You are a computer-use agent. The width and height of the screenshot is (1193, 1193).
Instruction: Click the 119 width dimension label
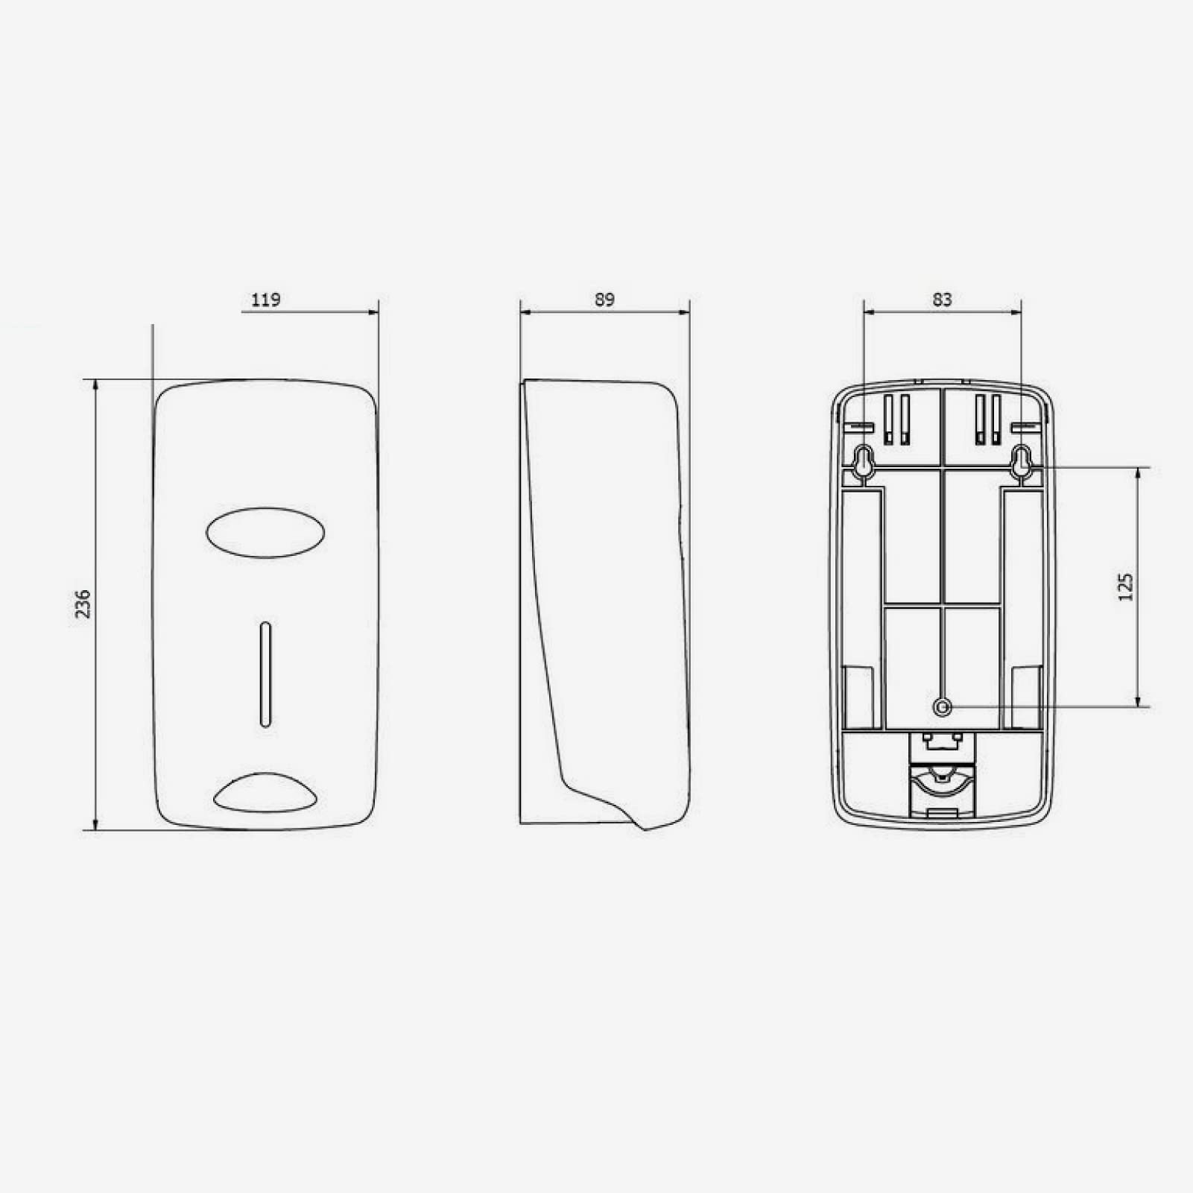266,300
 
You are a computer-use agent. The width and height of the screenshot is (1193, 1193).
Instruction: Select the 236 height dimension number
83,604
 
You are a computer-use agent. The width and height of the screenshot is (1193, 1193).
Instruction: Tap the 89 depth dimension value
604,300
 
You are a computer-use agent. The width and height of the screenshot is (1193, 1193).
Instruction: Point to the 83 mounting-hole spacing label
942,300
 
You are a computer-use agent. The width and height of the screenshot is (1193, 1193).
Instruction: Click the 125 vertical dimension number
1125,586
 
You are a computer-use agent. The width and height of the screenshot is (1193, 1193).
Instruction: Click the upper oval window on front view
265,533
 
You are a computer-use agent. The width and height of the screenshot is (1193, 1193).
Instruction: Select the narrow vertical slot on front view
265,673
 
